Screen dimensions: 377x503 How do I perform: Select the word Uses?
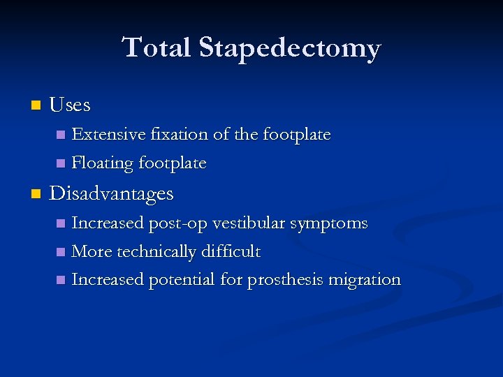70,105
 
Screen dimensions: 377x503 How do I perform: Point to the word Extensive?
105,133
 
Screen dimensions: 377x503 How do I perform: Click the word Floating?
103,163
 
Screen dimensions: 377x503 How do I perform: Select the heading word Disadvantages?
111,193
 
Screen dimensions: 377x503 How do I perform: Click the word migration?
364,280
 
